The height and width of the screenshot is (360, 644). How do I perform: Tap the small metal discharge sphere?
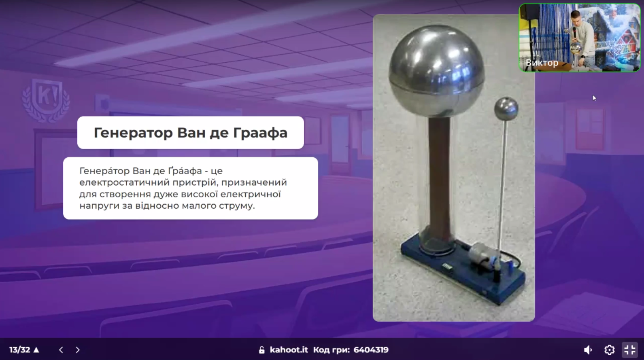tap(506, 110)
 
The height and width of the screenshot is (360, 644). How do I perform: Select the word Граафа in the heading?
tap(260, 133)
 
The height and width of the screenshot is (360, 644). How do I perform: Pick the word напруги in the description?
tap(99, 206)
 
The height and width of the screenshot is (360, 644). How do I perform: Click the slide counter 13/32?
tap(19, 349)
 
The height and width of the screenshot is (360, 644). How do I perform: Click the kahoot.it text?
tap(289, 349)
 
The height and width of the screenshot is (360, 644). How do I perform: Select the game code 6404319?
tap(371, 349)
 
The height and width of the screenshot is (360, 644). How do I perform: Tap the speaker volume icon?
tap(588, 349)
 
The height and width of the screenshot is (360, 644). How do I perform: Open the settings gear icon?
tap(609, 349)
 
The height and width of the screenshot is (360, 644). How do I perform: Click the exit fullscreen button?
tap(630, 349)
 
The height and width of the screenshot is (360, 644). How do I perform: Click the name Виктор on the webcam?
tap(542, 63)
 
